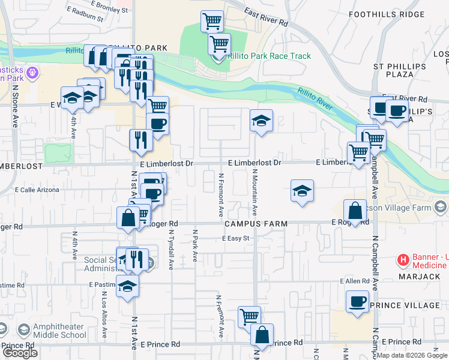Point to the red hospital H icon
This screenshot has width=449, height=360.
click(403, 260)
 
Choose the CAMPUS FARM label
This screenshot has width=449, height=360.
click(255, 224)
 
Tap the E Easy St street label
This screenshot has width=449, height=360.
click(235, 239)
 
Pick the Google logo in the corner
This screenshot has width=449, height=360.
click(20, 353)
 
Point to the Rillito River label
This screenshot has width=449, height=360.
click(315, 99)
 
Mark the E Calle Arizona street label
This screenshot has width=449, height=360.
click(37, 190)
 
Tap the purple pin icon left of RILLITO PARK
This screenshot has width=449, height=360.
click(32, 73)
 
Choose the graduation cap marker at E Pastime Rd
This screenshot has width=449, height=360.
click(127, 286)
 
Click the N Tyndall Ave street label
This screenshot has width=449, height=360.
click(171, 252)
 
